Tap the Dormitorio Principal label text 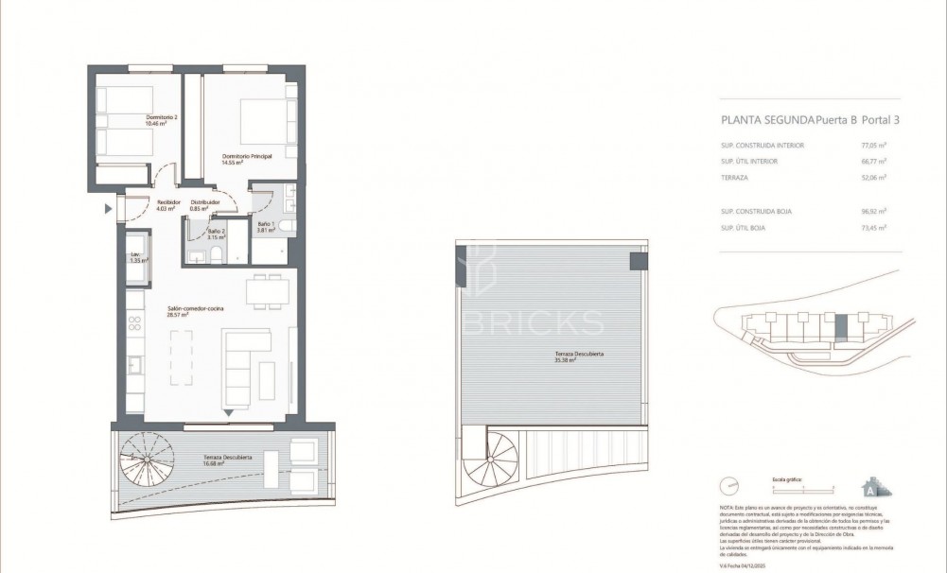(246, 159)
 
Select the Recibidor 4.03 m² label (143, 204)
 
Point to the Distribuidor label (205, 204)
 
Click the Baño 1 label (265, 227)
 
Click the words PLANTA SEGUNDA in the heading (767, 120)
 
